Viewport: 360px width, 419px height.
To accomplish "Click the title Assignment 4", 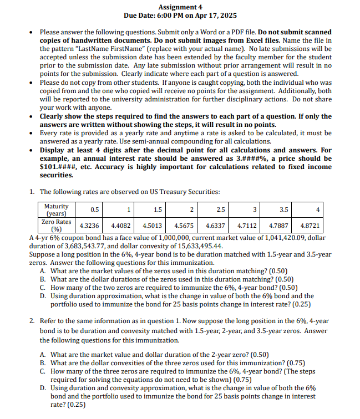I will [180, 7].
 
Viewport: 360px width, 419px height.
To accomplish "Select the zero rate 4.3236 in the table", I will [90, 226].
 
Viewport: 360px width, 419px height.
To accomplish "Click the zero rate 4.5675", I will [184, 226].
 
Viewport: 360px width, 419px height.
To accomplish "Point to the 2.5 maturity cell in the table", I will [221, 209].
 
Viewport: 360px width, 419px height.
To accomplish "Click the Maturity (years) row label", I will [55, 210].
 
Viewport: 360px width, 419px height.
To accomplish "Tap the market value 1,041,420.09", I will [273, 238].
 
